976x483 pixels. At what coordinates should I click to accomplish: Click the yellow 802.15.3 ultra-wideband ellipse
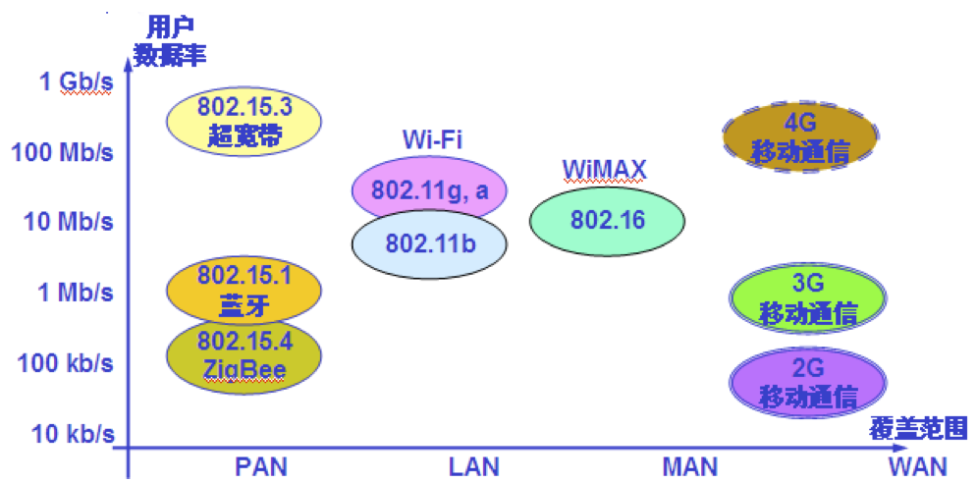click(244, 120)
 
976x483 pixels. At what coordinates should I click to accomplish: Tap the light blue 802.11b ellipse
click(430, 242)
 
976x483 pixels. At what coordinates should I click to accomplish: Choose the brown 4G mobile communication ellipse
click(800, 137)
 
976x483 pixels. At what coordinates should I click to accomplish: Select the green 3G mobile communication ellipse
click(808, 298)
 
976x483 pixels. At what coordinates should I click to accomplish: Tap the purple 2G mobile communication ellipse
click(808, 383)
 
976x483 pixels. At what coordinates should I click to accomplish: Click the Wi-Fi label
click(432, 139)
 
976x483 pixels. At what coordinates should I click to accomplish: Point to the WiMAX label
click(605, 170)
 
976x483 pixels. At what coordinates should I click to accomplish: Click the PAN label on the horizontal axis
click(261, 465)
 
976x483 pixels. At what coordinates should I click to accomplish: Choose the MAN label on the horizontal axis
click(690, 465)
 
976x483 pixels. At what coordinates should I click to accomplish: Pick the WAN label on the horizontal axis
click(917, 465)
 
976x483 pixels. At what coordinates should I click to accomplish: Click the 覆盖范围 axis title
click(918, 428)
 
